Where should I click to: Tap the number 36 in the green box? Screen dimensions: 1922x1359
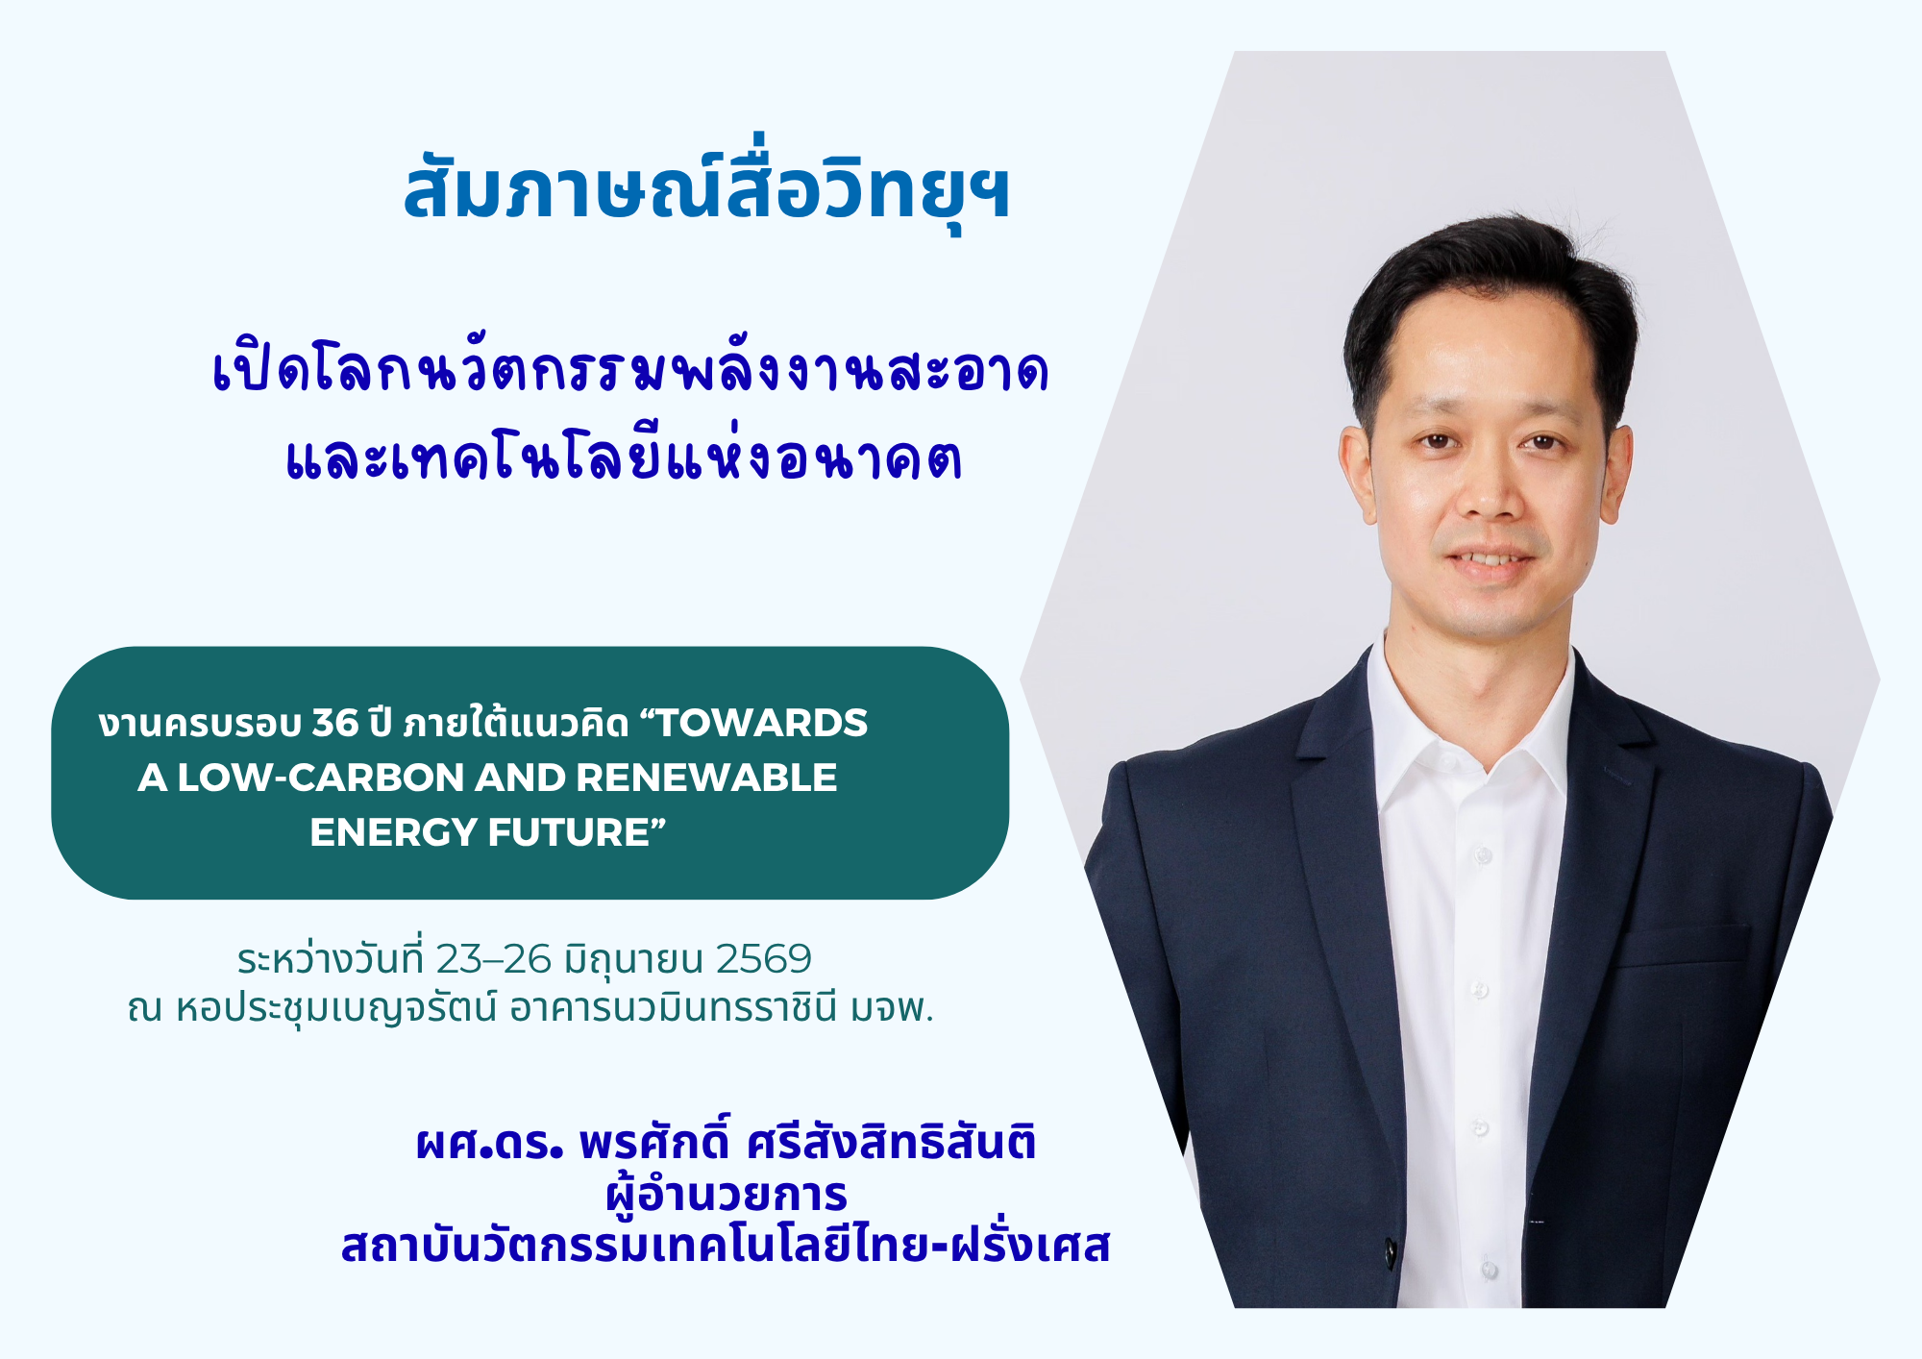coord(335,723)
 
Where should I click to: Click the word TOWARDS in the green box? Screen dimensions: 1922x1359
coord(761,723)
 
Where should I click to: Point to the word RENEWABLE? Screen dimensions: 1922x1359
coord(706,778)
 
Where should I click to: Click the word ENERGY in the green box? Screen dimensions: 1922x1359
coord(393,832)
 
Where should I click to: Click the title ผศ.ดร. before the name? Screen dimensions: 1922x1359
coord(489,1143)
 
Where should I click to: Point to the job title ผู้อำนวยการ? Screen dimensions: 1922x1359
coord(727,1196)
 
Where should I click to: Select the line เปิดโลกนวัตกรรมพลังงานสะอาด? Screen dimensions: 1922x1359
coord(630,369)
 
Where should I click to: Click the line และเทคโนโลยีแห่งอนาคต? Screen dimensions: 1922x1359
coord(625,457)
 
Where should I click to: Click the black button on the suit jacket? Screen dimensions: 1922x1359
coord(1391,1252)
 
